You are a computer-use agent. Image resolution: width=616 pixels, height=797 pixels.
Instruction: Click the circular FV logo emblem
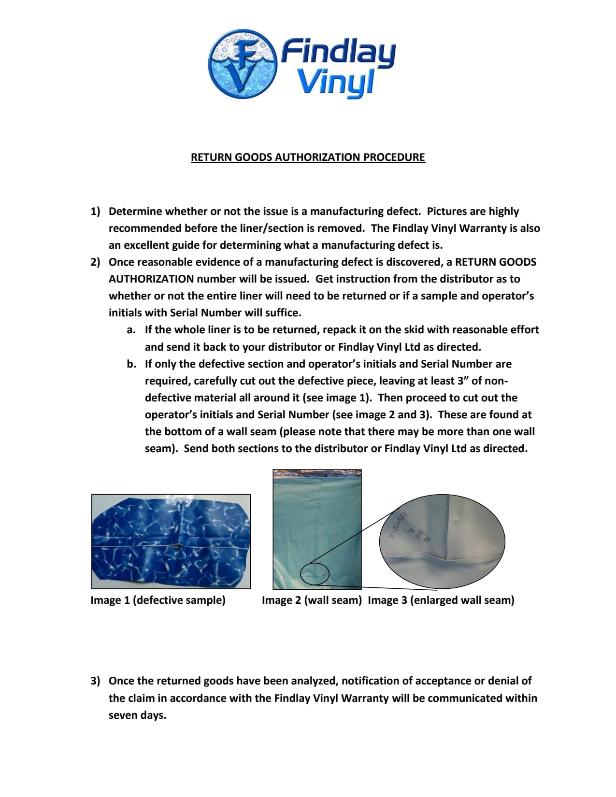click(x=243, y=64)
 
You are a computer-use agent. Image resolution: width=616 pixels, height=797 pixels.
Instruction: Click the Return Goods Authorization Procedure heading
click(x=308, y=157)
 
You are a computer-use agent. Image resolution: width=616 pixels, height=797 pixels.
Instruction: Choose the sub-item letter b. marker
click(x=131, y=364)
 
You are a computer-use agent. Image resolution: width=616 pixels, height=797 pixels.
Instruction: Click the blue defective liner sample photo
click(x=171, y=541)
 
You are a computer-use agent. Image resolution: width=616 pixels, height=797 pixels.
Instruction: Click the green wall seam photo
click(x=317, y=529)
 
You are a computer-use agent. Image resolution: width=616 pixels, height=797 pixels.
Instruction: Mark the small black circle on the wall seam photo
click(x=315, y=574)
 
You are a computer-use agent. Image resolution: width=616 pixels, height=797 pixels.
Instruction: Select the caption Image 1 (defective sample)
click(x=158, y=600)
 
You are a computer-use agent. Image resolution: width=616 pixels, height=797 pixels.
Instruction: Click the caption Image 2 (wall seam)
click(x=312, y=600)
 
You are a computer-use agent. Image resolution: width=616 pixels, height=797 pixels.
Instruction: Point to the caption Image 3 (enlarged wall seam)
click(x=441, y=600)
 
